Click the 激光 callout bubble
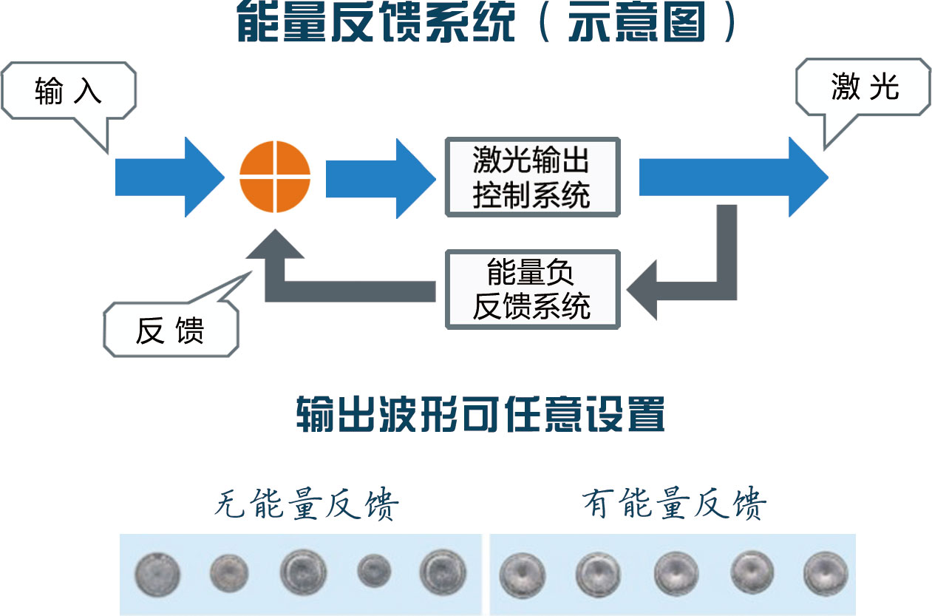pos(863,87)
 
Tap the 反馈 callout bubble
pos(170,331)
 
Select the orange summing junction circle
pos(275,176)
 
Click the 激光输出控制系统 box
pos(531,176)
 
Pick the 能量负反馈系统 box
pos(531,289)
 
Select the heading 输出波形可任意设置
pos(480,416)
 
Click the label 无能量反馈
pos(306,506)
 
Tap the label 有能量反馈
pos(673,506)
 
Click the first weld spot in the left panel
pos(157,573)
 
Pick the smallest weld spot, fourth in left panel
pos(374,570)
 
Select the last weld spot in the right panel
pos(826,572)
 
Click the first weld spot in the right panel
pos(522,575)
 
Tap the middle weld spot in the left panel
pos(303,572)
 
